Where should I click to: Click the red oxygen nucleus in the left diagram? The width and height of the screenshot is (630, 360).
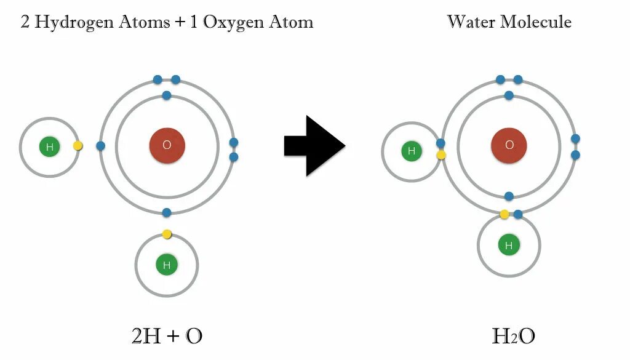tap(167, 146)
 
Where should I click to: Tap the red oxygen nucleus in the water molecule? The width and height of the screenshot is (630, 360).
tap(509, 146)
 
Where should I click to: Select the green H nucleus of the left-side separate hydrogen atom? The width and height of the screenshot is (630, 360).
tap(49, 147)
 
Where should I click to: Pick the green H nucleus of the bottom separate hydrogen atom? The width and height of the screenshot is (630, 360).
tap(166, 265)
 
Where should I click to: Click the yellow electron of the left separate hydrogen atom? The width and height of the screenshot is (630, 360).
tap(78, 146)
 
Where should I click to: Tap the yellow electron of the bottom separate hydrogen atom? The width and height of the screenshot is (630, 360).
tap(167, 234)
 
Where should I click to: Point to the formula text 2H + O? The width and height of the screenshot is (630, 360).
tap(167, 336)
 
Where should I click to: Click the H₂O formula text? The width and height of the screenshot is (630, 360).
tap(513, 336)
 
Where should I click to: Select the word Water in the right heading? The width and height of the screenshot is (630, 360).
tap(470, 22)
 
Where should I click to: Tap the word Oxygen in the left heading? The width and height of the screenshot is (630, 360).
tap(233, 23)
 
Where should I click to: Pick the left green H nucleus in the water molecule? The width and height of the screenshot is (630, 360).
tap(412, 151)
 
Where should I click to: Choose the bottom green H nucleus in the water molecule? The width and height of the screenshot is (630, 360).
tap(509, 246)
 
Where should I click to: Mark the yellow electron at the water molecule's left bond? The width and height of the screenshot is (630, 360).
tap(441, 155)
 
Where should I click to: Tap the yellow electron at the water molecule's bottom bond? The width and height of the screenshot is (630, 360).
tap(504, 214)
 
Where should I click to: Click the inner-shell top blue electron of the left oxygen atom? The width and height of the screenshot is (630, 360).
tap(166, 95)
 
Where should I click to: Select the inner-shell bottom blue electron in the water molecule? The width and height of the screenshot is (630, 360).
tap(509, 196)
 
